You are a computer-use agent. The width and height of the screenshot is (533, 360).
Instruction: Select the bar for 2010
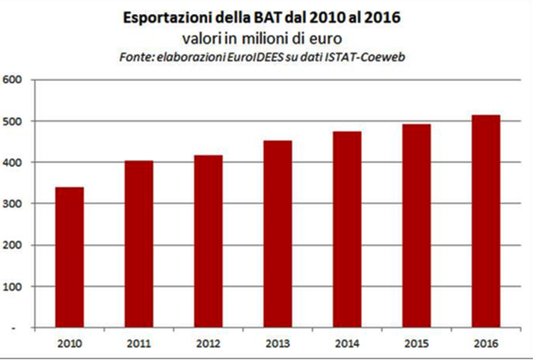click(69, 257)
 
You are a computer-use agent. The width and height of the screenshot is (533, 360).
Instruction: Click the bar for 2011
click(139, 244)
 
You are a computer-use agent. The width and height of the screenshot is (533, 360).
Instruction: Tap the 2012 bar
click(208, 241)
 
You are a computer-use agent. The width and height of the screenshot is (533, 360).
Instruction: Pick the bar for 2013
click(277, 234)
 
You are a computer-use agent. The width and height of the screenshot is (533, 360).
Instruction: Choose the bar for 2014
click(346, 229)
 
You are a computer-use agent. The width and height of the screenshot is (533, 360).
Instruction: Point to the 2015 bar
click(416, 226)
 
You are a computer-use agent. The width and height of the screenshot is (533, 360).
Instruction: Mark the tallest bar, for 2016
click(485, 221)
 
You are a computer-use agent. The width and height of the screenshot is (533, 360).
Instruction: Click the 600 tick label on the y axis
click(13, 80)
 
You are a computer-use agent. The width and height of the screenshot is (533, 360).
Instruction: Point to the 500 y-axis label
click(13, 121)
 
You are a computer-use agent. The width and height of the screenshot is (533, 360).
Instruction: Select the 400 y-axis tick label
click(13, 163)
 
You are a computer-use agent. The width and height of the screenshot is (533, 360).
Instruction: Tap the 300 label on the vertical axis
click(13, 204)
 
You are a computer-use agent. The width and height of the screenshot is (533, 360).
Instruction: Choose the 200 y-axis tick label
click(13, 245)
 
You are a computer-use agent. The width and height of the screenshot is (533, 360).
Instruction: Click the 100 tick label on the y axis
click(13, 287)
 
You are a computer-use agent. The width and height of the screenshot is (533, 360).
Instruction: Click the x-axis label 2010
click(69, 343)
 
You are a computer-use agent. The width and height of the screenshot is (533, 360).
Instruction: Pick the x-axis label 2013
click(277, 343)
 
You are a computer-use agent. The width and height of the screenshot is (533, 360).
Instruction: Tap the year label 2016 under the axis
click(485, 343)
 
